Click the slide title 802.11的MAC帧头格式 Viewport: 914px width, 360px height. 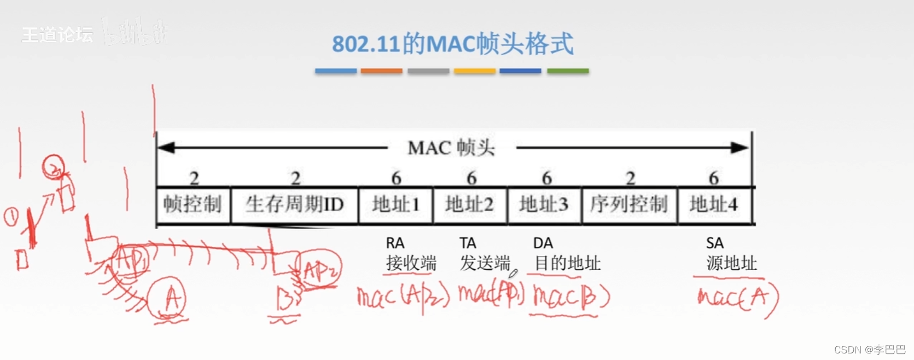point(452,44)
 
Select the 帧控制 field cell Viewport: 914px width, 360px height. point(193,205)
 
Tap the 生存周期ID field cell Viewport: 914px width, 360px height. point(294,205)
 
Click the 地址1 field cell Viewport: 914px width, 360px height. point(395,205)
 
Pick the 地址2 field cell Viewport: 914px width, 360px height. point(470,205)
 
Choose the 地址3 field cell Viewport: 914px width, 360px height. point(544,205)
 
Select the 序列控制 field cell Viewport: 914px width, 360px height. point(629,205)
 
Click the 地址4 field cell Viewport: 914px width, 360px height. point(714,205)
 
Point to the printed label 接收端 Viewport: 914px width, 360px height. point(411,263)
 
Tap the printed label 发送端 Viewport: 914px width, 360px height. point(485,263)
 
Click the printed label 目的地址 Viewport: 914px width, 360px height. point(567,263)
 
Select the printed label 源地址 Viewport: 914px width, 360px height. point(731,263)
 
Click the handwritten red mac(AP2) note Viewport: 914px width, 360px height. point(403,297)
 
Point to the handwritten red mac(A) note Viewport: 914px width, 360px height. point(737,298)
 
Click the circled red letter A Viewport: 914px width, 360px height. point(168,299)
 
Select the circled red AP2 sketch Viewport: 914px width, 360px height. point(319,269)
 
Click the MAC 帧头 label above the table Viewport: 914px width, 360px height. point(451,148)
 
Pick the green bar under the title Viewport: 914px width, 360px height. point(568,71)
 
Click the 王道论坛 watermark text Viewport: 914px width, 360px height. point(57,35)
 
